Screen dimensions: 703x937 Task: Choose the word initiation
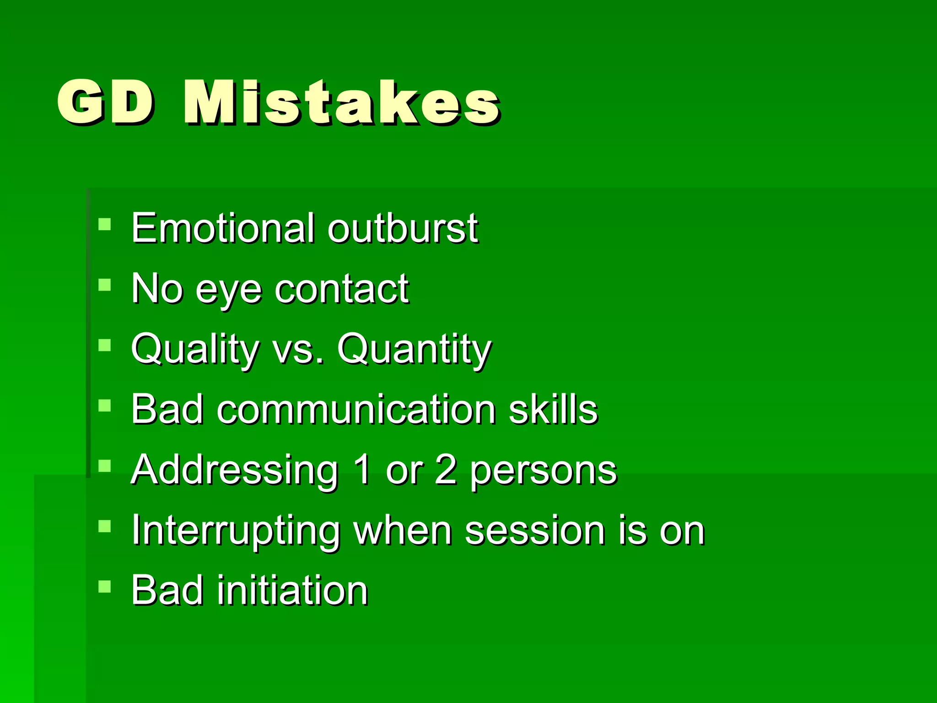pyautogui.click(x=292, y=590)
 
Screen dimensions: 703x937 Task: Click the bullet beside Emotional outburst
pyautogui.click(x=105, y=224)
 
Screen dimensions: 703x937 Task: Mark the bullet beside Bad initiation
pyautogui.click(x=105, y=586)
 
